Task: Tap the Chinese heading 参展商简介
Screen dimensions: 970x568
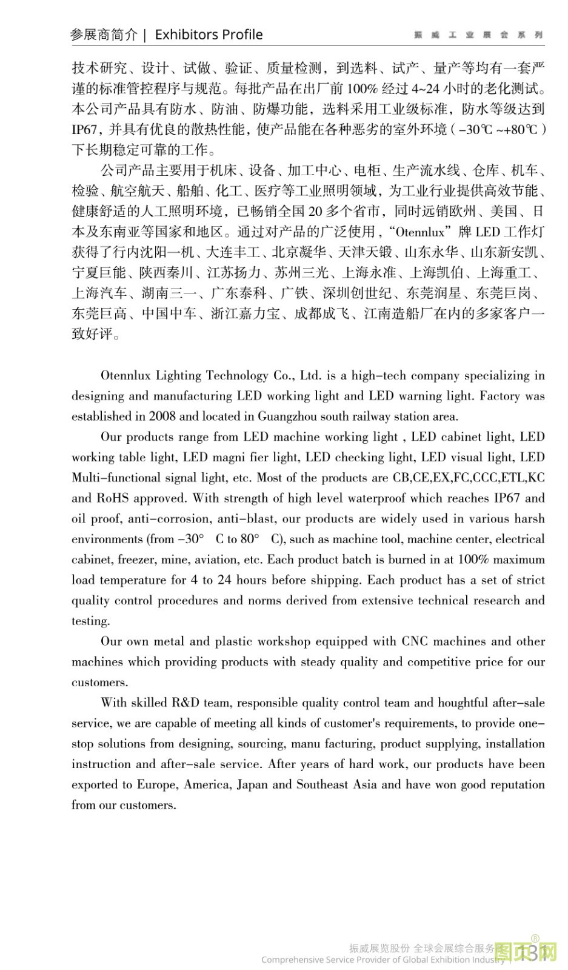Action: coord(104,35)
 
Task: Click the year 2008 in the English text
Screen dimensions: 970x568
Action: coord(162,416)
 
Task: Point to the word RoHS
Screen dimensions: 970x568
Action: coord(112,498)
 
